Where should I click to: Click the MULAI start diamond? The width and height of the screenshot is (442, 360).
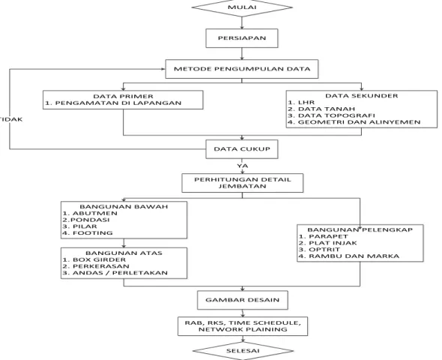coord(242,7)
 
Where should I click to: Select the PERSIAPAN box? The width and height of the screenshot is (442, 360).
coord(242,38)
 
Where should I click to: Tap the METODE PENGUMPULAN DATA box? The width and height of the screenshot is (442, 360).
coord(242,69)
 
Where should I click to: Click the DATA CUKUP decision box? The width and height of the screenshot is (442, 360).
coord(242,149)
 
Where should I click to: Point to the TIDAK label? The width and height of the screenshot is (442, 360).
coord(11,119)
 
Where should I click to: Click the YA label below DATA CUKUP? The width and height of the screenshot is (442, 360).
coord(243,166)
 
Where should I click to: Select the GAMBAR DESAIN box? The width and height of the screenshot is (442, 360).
coord(243,300)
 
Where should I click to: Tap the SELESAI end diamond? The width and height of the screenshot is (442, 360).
coord(243,351)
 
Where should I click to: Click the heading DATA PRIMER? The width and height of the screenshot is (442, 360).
coord(123,97)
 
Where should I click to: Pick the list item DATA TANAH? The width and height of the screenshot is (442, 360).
coord(321,109)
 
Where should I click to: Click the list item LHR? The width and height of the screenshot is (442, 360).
coord(301,103)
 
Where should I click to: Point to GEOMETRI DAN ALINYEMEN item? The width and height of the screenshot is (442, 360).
coord(354,122)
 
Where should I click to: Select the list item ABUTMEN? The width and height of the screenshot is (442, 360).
coord(90,214)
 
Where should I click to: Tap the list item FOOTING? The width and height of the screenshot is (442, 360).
coord(88,233)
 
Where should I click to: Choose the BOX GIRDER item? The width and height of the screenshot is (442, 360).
coord(94,259)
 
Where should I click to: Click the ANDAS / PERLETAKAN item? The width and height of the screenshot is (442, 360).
coord(115,273)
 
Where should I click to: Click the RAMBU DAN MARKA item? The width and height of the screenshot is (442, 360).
coord(349,256)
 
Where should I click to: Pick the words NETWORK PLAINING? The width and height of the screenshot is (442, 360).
coord(243,329)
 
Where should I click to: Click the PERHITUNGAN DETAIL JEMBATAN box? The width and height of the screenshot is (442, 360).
coord(243,183)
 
